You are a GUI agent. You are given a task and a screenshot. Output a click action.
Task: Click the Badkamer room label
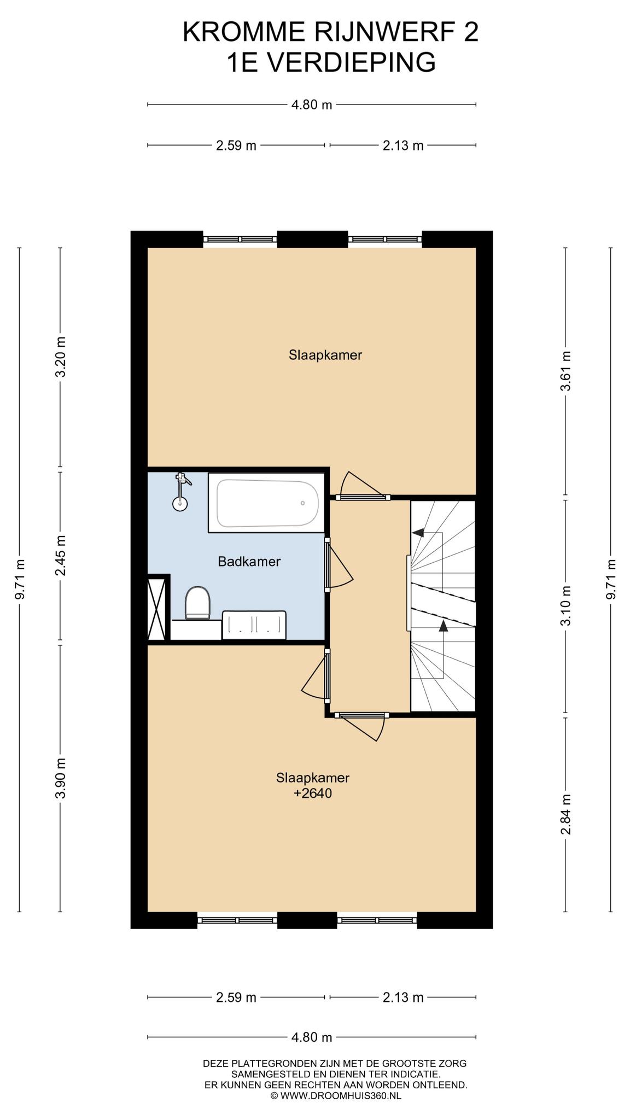249,561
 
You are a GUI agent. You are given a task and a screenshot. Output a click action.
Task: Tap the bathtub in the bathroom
267,503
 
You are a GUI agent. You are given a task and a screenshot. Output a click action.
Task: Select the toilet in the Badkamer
197,603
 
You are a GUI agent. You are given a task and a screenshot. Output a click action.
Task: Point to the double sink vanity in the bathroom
254,625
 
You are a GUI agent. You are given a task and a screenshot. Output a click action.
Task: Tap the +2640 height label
313,794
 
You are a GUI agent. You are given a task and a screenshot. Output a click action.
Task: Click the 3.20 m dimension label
61,357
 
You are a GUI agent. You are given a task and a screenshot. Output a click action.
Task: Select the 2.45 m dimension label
61,555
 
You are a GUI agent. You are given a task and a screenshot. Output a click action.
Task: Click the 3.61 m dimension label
567,371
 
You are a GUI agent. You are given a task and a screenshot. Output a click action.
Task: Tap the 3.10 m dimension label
567,606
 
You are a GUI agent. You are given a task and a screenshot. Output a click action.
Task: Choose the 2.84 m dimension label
567,814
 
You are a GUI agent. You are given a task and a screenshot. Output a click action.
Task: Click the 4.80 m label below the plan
312,1037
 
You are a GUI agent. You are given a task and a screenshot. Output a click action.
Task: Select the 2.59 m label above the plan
236,145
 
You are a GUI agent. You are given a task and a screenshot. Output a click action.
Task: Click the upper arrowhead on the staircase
418,532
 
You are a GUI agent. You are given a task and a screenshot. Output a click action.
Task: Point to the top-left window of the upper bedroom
240,239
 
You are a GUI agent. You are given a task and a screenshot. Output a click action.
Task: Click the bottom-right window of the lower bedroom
377,920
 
